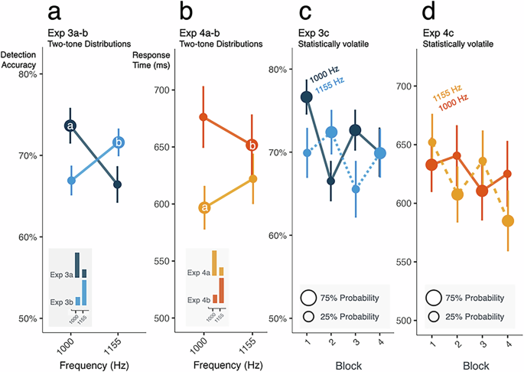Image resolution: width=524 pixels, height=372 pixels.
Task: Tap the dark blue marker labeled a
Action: (x=70, y=126)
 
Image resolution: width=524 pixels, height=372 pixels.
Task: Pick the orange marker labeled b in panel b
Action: (x=252, y=145)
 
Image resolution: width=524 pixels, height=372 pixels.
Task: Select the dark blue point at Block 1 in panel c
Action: (x=307, y=96)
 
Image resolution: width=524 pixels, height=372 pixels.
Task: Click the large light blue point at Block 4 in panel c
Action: (x=379, y=153)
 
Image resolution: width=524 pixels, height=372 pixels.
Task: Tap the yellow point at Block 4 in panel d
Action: (x=506, y=221)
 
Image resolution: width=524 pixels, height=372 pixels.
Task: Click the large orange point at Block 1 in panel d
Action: (x=432, y=165)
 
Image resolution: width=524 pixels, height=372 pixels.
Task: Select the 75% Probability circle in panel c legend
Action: (x=310, y=297)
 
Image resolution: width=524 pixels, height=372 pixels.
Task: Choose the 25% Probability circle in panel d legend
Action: (x=434, y=316)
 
